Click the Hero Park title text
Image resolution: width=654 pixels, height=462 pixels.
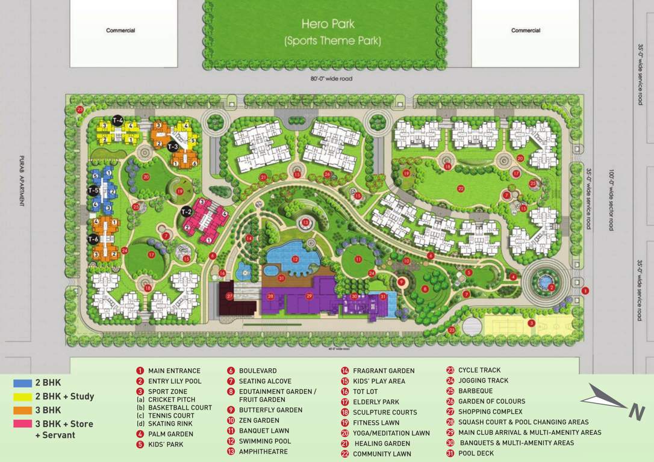(328, 25)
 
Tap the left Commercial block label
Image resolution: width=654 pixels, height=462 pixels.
(120, 31)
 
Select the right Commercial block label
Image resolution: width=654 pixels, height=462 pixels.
(526, 31)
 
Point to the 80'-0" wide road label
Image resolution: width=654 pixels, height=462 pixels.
(328, 79)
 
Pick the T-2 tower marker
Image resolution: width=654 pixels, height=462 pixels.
(187, 211)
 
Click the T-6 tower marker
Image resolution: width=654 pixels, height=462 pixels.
(93, 239)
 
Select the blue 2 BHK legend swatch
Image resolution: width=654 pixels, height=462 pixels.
(22, 383)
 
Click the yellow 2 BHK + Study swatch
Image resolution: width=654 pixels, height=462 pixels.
(22, 397)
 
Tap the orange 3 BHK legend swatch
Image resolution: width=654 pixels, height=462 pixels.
(22, 411)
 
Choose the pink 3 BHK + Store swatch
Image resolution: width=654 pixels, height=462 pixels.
(22, 424)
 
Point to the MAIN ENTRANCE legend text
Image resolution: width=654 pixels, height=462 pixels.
(174, 371)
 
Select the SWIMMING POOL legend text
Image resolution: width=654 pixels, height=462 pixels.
(264, 442)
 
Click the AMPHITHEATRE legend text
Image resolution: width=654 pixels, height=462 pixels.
(263, 452)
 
